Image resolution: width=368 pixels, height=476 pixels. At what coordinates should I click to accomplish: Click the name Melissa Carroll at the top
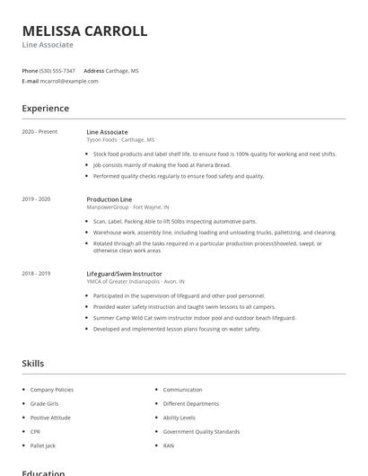[x=84, y=31]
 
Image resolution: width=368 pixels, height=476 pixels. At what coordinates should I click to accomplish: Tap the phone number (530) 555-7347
[x=57, y=71]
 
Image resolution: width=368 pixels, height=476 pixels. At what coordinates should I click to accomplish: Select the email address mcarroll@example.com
[x=69, y=81]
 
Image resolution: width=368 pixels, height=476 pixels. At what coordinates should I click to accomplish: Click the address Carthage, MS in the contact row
[x=123, y=71]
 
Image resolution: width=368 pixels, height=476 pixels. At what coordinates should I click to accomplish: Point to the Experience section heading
[x=46, y=109]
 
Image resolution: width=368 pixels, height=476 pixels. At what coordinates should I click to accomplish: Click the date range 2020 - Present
[x=39, y=132]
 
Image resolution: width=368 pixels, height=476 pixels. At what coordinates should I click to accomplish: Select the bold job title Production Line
[x=109, y=198]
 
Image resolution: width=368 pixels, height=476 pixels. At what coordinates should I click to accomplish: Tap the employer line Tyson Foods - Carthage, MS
[x=120, y=140]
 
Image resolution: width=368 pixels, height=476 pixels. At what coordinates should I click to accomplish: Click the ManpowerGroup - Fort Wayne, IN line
[x=127, y=207]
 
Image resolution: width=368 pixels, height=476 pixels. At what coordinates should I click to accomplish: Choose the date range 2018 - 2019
[x=36, y=273]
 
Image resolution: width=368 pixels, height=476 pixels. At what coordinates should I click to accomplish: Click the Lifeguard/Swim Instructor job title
[x=124, y=273]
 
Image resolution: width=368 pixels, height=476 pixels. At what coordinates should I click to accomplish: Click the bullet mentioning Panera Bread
[x=162, y=165]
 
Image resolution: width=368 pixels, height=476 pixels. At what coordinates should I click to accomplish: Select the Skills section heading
[x=32, y=364]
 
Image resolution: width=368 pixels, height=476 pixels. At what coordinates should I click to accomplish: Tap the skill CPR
[x=35, y=431]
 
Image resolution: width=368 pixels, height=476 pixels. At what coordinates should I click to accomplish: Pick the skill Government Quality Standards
[x=201, y=431]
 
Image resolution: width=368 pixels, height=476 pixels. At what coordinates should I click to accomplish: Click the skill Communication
[x=183, y=390]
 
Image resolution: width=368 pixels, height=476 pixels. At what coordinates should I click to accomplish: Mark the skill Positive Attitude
[x=50, y=418]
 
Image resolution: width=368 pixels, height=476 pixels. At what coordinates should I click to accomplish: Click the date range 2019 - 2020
[x=36, y=198]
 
